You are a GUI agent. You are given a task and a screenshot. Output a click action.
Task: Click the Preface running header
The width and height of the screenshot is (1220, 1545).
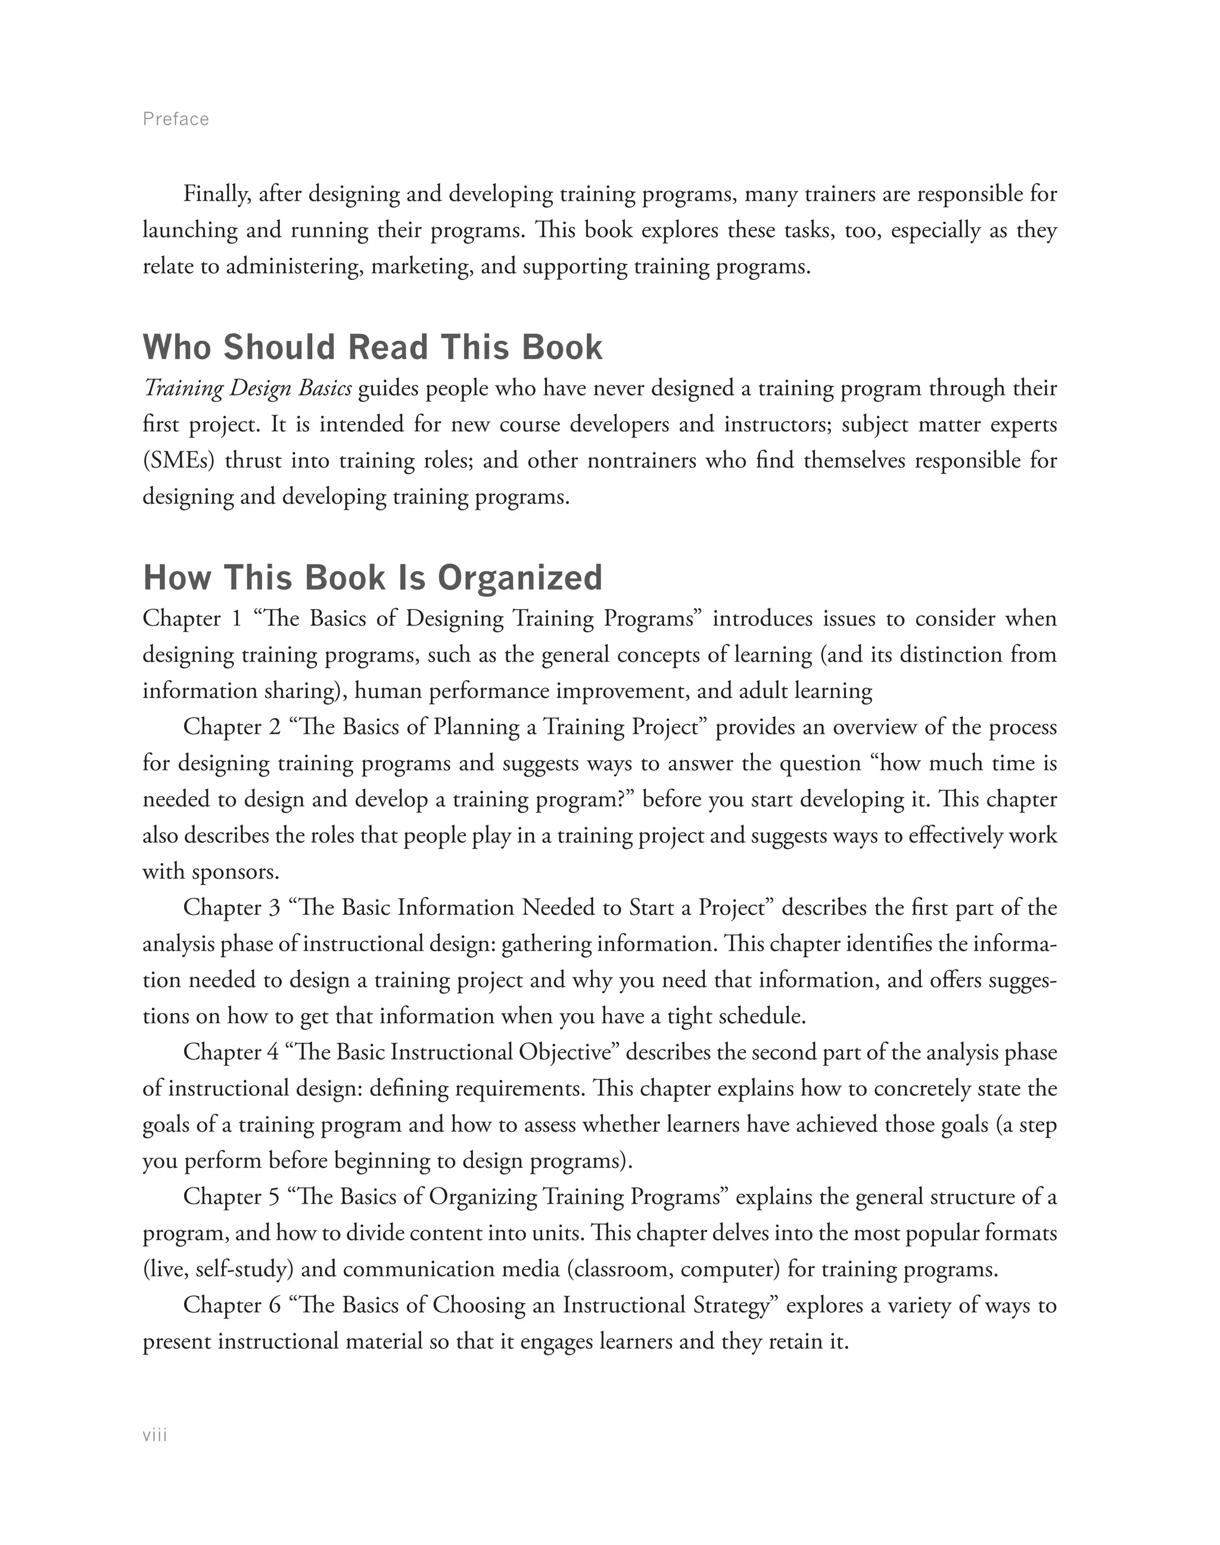(176, 119)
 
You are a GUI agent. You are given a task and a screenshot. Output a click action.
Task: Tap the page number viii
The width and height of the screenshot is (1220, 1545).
(155, 1436)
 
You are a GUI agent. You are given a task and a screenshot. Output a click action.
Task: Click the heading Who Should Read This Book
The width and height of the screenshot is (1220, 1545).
(372, 347)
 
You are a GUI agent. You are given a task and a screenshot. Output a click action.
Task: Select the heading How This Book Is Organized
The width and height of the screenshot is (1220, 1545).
(372, 577)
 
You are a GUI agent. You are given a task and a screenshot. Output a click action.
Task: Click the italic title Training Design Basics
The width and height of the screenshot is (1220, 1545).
(247, 388)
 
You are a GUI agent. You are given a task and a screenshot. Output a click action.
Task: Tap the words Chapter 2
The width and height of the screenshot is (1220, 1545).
(232, 727)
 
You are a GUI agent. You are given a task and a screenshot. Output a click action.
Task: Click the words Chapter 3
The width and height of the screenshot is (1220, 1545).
(232, 908)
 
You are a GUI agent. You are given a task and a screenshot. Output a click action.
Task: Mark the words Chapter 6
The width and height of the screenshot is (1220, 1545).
(232, 1305)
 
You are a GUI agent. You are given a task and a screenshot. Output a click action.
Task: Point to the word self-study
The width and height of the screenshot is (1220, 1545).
(244, 1269)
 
